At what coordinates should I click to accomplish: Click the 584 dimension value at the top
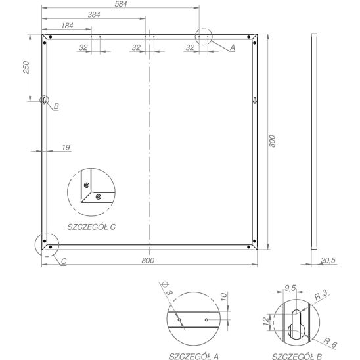click(121, 4)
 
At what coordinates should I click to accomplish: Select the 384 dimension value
click(94, 14)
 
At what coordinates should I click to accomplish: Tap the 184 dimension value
click(67, 26)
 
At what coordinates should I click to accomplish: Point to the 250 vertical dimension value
click(26, 67)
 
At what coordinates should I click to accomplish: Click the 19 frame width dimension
click(66, 147)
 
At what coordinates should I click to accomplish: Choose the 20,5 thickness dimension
click(328, 260)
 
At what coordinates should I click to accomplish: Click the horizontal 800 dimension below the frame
click(148, 261)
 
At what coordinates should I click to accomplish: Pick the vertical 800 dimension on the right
click(272, 141)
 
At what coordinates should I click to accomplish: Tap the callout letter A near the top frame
click(233, 47)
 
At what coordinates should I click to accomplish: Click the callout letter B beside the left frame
click(56, 106)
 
